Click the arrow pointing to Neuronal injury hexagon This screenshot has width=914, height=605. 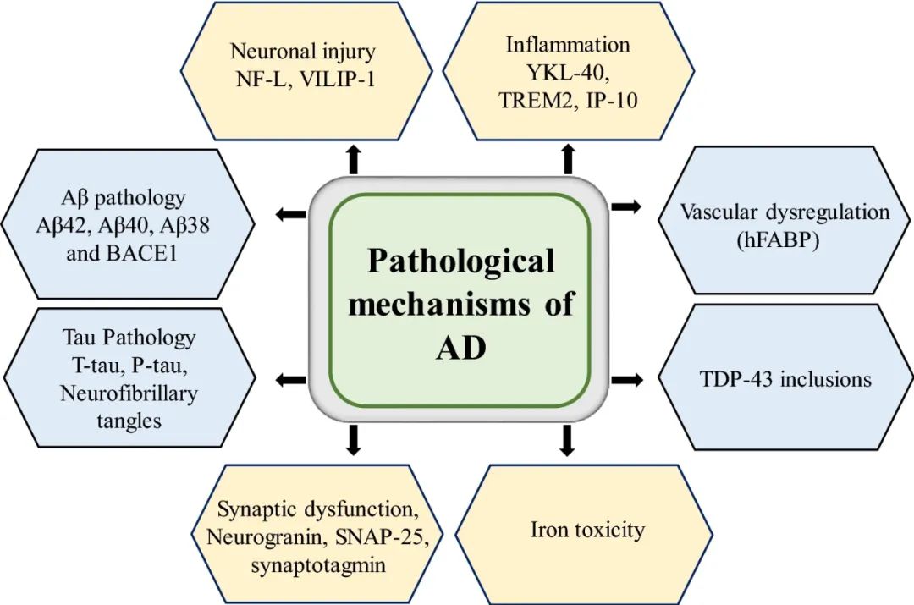click(354, 159)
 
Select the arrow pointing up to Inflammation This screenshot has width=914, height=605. click(568, 159)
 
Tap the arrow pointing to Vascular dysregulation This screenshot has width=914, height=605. click(625, 206)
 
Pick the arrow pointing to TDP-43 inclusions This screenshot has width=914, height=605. click(625, 380)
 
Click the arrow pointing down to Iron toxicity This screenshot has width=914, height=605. click(568, 439)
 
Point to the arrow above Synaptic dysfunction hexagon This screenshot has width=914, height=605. click(354, 439)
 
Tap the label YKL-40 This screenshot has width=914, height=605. click(568, 71)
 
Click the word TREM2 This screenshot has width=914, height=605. click(541, 99)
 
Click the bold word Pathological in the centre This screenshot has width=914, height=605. click(460, 261)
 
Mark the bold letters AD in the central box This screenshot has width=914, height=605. click(460, 348)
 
